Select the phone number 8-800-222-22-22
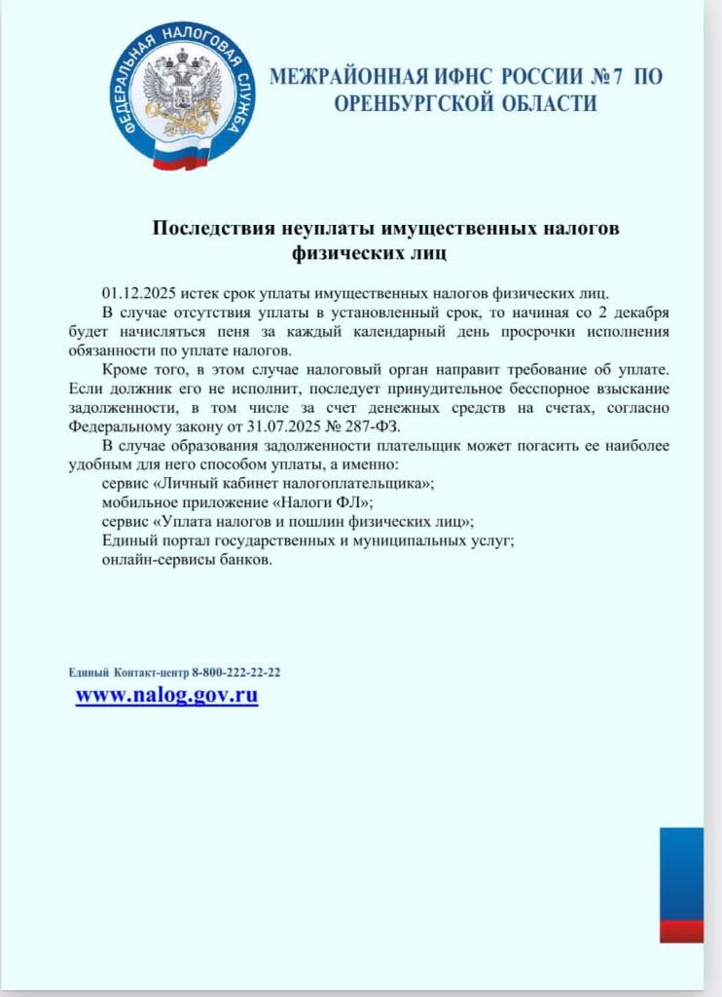236,673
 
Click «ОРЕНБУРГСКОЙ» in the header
410,103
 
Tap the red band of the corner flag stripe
681,930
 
